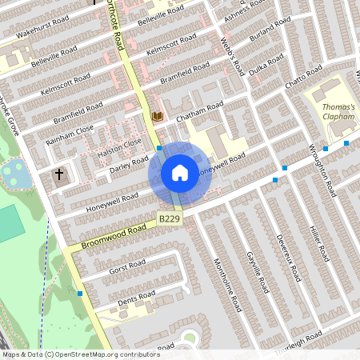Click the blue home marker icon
[x=179, y=173]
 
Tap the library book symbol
[x=157, y=117]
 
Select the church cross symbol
[x=58, y=174]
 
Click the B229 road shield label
[x=168, y=218]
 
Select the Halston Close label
[x=119, y=147]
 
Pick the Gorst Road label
[x=127, y=267]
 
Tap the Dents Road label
[x=136, y=298]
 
